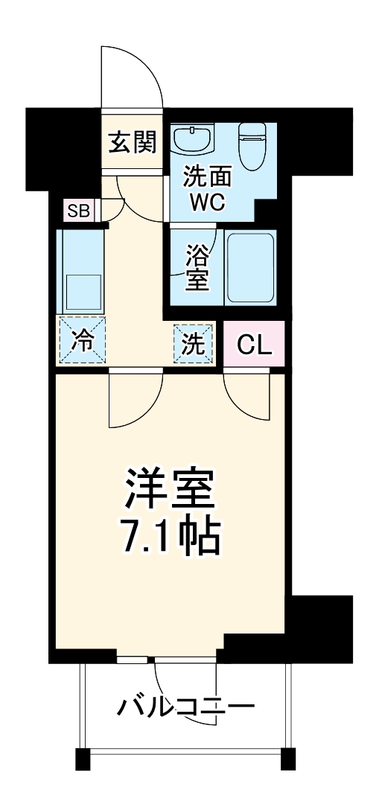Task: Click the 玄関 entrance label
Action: pos(133,141)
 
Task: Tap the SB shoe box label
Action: pos(78,211)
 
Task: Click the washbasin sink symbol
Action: pos(193,137)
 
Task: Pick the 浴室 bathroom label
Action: pos(197,267)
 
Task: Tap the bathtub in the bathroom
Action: pos(250,268)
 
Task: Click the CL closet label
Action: pos(255,345)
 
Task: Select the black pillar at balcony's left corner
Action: pos(83,759)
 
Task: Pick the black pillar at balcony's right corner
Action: pos(287,759)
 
